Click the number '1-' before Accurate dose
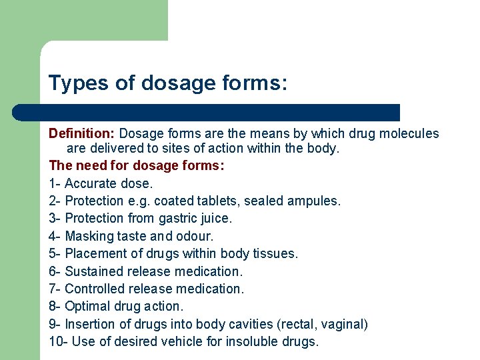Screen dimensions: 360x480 (55, 183)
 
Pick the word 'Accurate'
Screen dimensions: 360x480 (91, 183)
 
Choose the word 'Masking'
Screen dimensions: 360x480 (89, 236)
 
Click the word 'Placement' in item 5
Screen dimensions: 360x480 (93, 253)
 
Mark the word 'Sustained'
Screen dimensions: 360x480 (93, 271)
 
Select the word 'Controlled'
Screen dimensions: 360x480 (94, 289)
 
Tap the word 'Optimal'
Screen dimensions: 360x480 (87, 307)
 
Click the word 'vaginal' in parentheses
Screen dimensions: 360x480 (343, 325)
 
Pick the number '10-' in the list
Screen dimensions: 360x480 (58, 342)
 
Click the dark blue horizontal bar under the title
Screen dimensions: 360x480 (220, 112)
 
